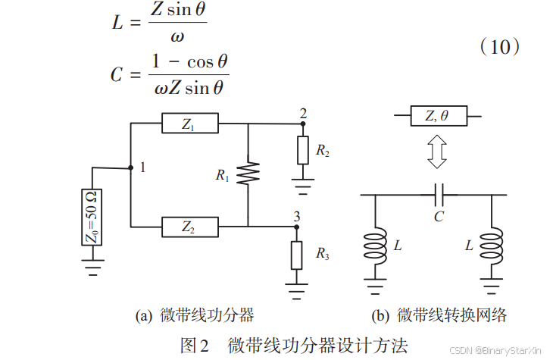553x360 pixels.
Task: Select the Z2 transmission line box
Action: tap(189, 226)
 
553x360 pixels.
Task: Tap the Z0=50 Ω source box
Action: tap(92, 217)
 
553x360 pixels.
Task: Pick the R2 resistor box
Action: tap(302, 151)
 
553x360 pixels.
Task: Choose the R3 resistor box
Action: tap(296, 254)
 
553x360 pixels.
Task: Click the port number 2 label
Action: tap(303, 114)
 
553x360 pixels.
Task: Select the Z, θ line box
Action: tap(437, 116)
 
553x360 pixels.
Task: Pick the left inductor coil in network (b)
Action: tap(375, 246)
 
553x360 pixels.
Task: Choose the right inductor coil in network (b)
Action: tap(493, 246)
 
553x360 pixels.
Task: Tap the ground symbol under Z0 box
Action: tap(92, 267)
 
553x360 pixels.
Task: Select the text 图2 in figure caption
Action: tap(194, 344)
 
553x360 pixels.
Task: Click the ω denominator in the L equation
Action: tap(177, 36)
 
